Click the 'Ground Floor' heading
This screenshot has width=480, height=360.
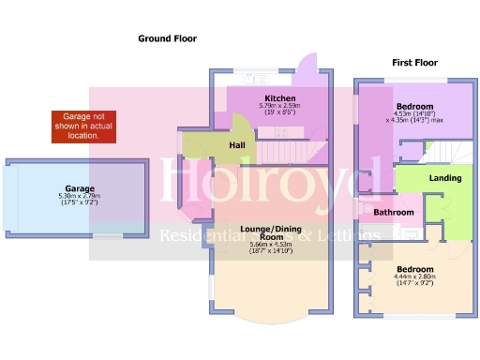tap(168, 38)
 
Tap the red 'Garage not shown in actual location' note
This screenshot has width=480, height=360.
tap(82, 127)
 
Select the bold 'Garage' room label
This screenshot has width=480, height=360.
tap(81, 187)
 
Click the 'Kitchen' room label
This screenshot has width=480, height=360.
tap(280, 98)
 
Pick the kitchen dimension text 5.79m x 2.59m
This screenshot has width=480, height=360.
tap(280, 107)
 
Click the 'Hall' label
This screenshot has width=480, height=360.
tap(237, 146)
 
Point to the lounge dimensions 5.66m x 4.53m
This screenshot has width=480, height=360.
tap(270, 247)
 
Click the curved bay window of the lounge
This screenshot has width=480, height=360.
tap(269, 314)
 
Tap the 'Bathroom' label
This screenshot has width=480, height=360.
tap(394, 213)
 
